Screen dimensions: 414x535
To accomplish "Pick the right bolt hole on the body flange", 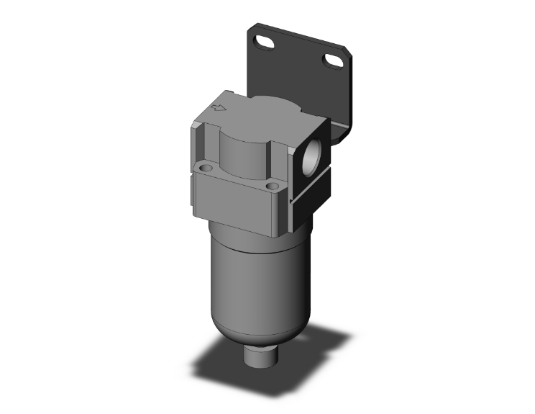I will (273, 186).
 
